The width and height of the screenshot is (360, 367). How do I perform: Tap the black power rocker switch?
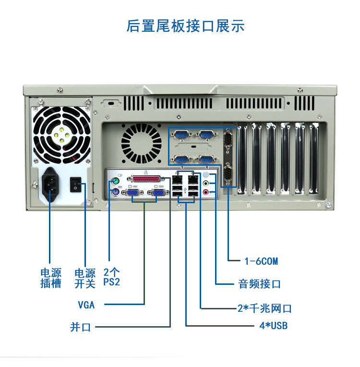click(75, 183)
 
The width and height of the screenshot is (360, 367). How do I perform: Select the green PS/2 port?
click(115, 182)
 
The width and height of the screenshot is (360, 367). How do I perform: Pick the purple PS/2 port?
click(115, 193)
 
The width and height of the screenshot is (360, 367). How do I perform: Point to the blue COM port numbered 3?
click(181, 135)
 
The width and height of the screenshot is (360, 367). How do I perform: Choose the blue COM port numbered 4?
click(206, 135)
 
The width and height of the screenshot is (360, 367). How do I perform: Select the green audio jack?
click(206, 183)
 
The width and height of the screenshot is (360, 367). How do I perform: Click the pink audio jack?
click(206, 192)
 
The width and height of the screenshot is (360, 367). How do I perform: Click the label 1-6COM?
click(261, 261)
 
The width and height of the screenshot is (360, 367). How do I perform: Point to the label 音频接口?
click(259, 284)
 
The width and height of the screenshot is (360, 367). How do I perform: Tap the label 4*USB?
click(273, 326)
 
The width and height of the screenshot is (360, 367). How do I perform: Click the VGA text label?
click(86, 305)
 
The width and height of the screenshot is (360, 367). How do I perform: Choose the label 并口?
click(80, 328)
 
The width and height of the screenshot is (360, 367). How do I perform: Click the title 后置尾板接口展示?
click(185, 25)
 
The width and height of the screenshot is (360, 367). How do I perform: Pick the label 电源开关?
click(85, 278)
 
